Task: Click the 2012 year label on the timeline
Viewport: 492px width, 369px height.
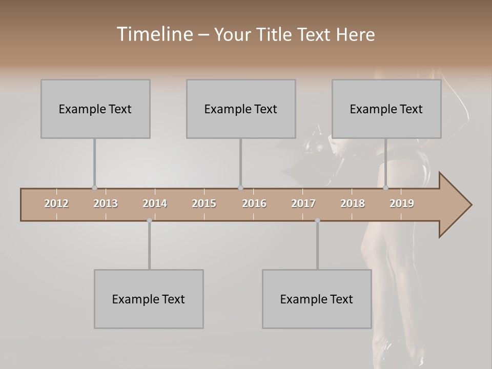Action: point(56,203)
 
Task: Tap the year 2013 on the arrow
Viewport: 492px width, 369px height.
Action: point(106,203)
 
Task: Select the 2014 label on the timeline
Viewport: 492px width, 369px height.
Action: point(155,203)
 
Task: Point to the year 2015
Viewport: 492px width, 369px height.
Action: point(204,203)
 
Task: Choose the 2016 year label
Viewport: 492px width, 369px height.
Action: point(254,203)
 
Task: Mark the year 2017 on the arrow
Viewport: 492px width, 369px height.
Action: point(303,203)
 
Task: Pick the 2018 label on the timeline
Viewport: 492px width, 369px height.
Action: point(353,203)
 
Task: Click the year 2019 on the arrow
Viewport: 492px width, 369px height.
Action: point(402,203)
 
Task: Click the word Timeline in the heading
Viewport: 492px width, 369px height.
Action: point(154,34)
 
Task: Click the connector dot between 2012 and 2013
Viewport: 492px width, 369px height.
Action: point(94,188)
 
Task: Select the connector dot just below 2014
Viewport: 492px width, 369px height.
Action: point(149,221)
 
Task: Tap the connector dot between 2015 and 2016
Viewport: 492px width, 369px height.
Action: point(240,188)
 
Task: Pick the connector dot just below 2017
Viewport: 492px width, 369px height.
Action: point(317,221)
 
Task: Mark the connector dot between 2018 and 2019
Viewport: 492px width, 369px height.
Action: point(386,188)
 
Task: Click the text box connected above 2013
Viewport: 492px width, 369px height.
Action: point(95,109)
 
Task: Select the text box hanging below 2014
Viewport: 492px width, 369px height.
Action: point(149,299)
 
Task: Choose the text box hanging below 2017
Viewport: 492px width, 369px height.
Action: point(317,299)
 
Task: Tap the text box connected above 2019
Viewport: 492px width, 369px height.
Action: point(386,109)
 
